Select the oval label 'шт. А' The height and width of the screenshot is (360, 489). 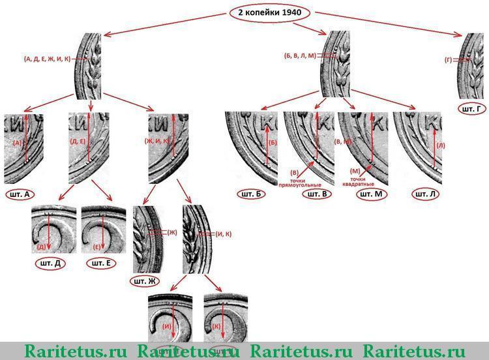click(19, 194)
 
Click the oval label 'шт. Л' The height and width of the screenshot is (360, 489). click(428, 194)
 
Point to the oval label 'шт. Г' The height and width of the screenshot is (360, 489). click(471, 108)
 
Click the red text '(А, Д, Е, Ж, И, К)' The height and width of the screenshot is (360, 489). click(47, 58)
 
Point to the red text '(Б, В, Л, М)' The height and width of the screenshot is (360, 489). click(299, 56)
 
